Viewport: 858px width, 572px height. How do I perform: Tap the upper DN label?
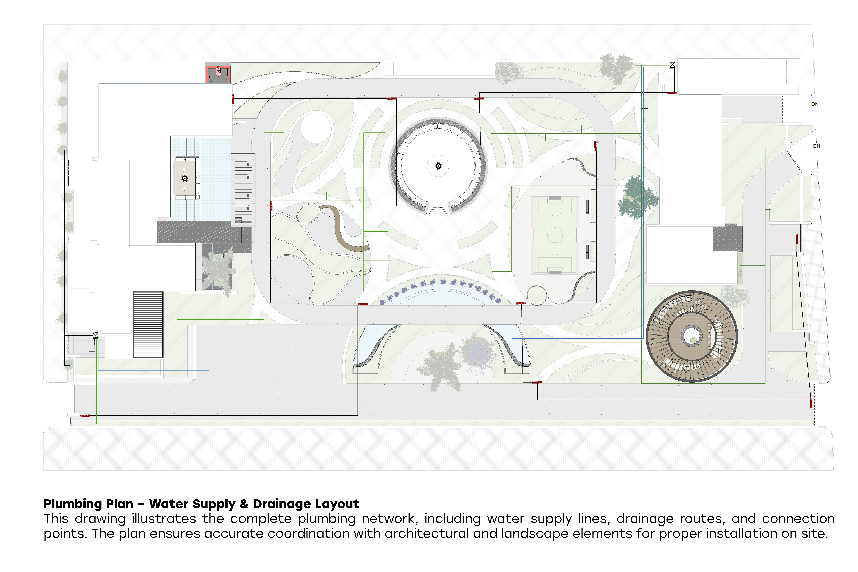coord(815,104)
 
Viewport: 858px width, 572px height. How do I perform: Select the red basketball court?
coord(218,74)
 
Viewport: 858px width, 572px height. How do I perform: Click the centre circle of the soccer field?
coord(555,235)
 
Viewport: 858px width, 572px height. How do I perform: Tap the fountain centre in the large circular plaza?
coord(438,166)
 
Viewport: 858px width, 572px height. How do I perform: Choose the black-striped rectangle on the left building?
coord(148,325)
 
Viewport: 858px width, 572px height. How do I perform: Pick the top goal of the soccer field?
coord(555,198)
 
